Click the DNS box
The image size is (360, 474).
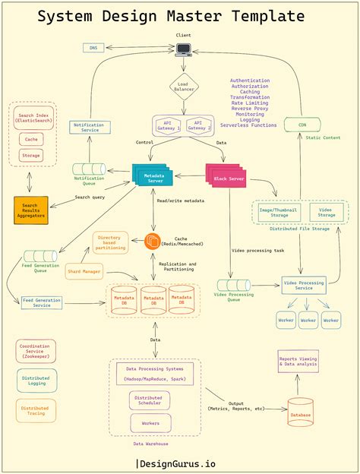click(x=93, y=48)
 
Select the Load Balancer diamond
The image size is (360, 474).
click(x=183, y=86)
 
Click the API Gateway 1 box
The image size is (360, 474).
click(x=168, y=125)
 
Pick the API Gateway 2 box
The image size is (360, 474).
click(x=198, y=125)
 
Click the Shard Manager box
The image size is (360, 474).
click(x=84, y=270)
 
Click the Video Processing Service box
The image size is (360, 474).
click(x=304, y=286)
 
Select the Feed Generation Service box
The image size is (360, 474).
click(x=42, y=303)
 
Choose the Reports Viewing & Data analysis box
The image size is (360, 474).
click(x=298, y=362)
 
